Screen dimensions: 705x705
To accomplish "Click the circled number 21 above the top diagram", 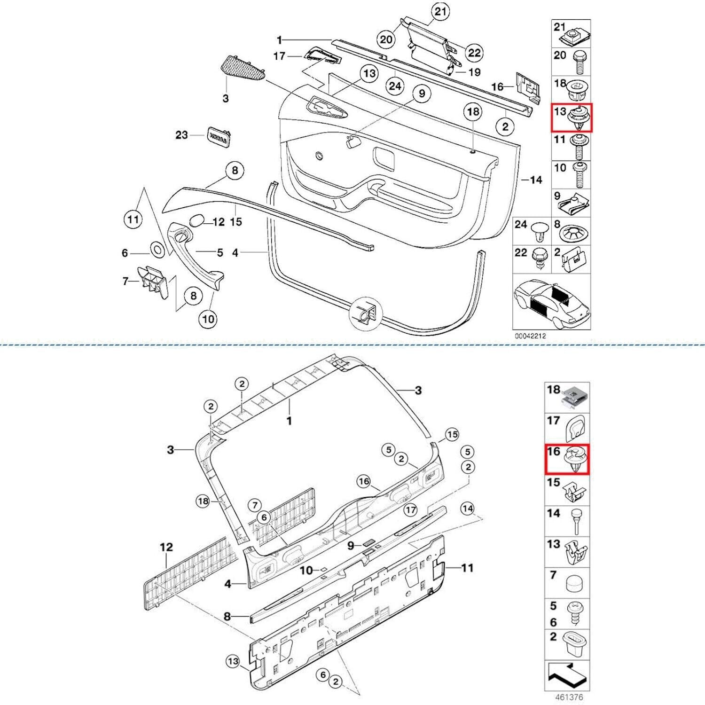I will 440,11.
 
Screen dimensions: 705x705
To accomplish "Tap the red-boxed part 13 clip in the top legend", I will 572,117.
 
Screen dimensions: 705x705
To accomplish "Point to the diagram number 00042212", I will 530,336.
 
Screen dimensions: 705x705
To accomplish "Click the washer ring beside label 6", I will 157,249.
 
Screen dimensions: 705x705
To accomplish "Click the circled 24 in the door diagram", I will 395,86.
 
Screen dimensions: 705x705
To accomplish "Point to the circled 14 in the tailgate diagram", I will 467,509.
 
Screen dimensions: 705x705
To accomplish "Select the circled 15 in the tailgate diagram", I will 452,435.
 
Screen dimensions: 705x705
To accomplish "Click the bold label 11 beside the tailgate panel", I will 466,568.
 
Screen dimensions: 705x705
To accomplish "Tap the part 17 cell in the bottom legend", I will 567,428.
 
